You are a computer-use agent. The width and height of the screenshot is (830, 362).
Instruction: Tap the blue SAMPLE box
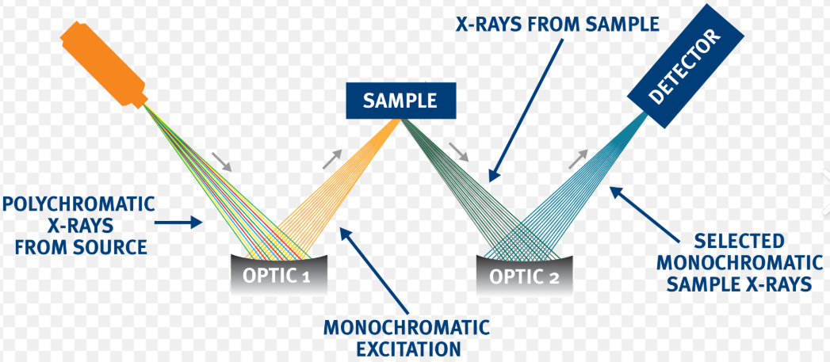(400, 100)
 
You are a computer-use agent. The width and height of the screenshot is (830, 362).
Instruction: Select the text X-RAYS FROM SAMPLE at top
(558, 25)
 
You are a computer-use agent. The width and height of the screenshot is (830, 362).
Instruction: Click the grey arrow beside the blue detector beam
(580, 159)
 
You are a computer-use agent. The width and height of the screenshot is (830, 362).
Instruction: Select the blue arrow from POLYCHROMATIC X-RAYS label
(178, 224)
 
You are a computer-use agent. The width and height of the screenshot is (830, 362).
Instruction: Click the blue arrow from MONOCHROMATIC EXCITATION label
(372, 270)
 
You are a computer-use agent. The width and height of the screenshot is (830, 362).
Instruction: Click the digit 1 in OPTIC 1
(305, 278)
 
